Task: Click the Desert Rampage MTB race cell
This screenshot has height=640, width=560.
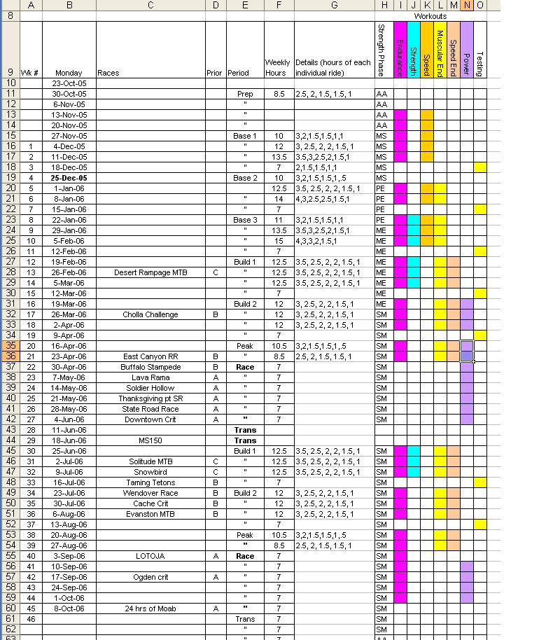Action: (x=150, y=272)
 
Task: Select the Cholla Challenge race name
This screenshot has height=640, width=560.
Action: (x=150, y=314)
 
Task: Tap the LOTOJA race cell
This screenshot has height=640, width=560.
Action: (x=150, y=556)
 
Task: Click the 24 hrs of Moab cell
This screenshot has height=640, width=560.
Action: (x=150, y=608)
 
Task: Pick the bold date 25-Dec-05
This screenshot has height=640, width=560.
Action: (x=69, y=178)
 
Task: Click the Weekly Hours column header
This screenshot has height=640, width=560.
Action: (x=278, y=67)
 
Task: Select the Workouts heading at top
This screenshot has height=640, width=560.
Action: (x=430, y=16)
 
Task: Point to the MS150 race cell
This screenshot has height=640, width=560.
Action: (x=150, y=440)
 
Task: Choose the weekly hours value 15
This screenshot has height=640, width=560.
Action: (x=279, y=241)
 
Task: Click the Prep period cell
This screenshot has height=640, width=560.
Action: (x=245, y=94)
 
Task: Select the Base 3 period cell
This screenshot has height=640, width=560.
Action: (x=245, y=220)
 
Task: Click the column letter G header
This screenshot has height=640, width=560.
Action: (x=334, y=5)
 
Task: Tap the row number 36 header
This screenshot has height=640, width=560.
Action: (x=10, y=356)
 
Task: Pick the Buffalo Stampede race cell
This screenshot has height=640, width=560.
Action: (x=150, y=367)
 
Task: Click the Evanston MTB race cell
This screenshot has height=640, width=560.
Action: (x=150, y=514)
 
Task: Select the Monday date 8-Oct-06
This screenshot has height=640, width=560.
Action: (x=69, y=608)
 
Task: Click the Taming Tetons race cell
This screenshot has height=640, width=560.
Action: (x=150, y=482)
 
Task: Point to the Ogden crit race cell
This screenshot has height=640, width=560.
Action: (x=150, y=577)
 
